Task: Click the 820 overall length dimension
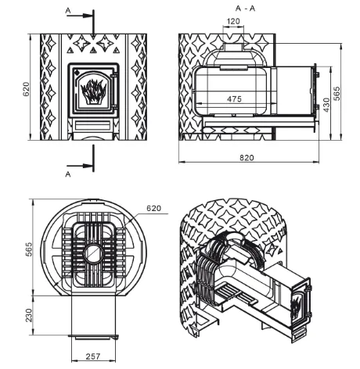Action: (x=247, y=158)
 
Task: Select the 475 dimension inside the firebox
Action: (x=234, y=99)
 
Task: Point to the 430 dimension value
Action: (x=326, y=105)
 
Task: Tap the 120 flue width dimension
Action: (x=233, y=21)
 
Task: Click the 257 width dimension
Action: (x=93, y=356)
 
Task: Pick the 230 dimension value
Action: (x=28, y=315)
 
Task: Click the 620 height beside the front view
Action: (x=27, y=89)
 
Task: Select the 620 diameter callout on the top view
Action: (x=153, y=208)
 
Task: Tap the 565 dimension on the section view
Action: (x=337, y=93)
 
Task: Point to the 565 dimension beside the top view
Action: (x=28, y=249)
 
